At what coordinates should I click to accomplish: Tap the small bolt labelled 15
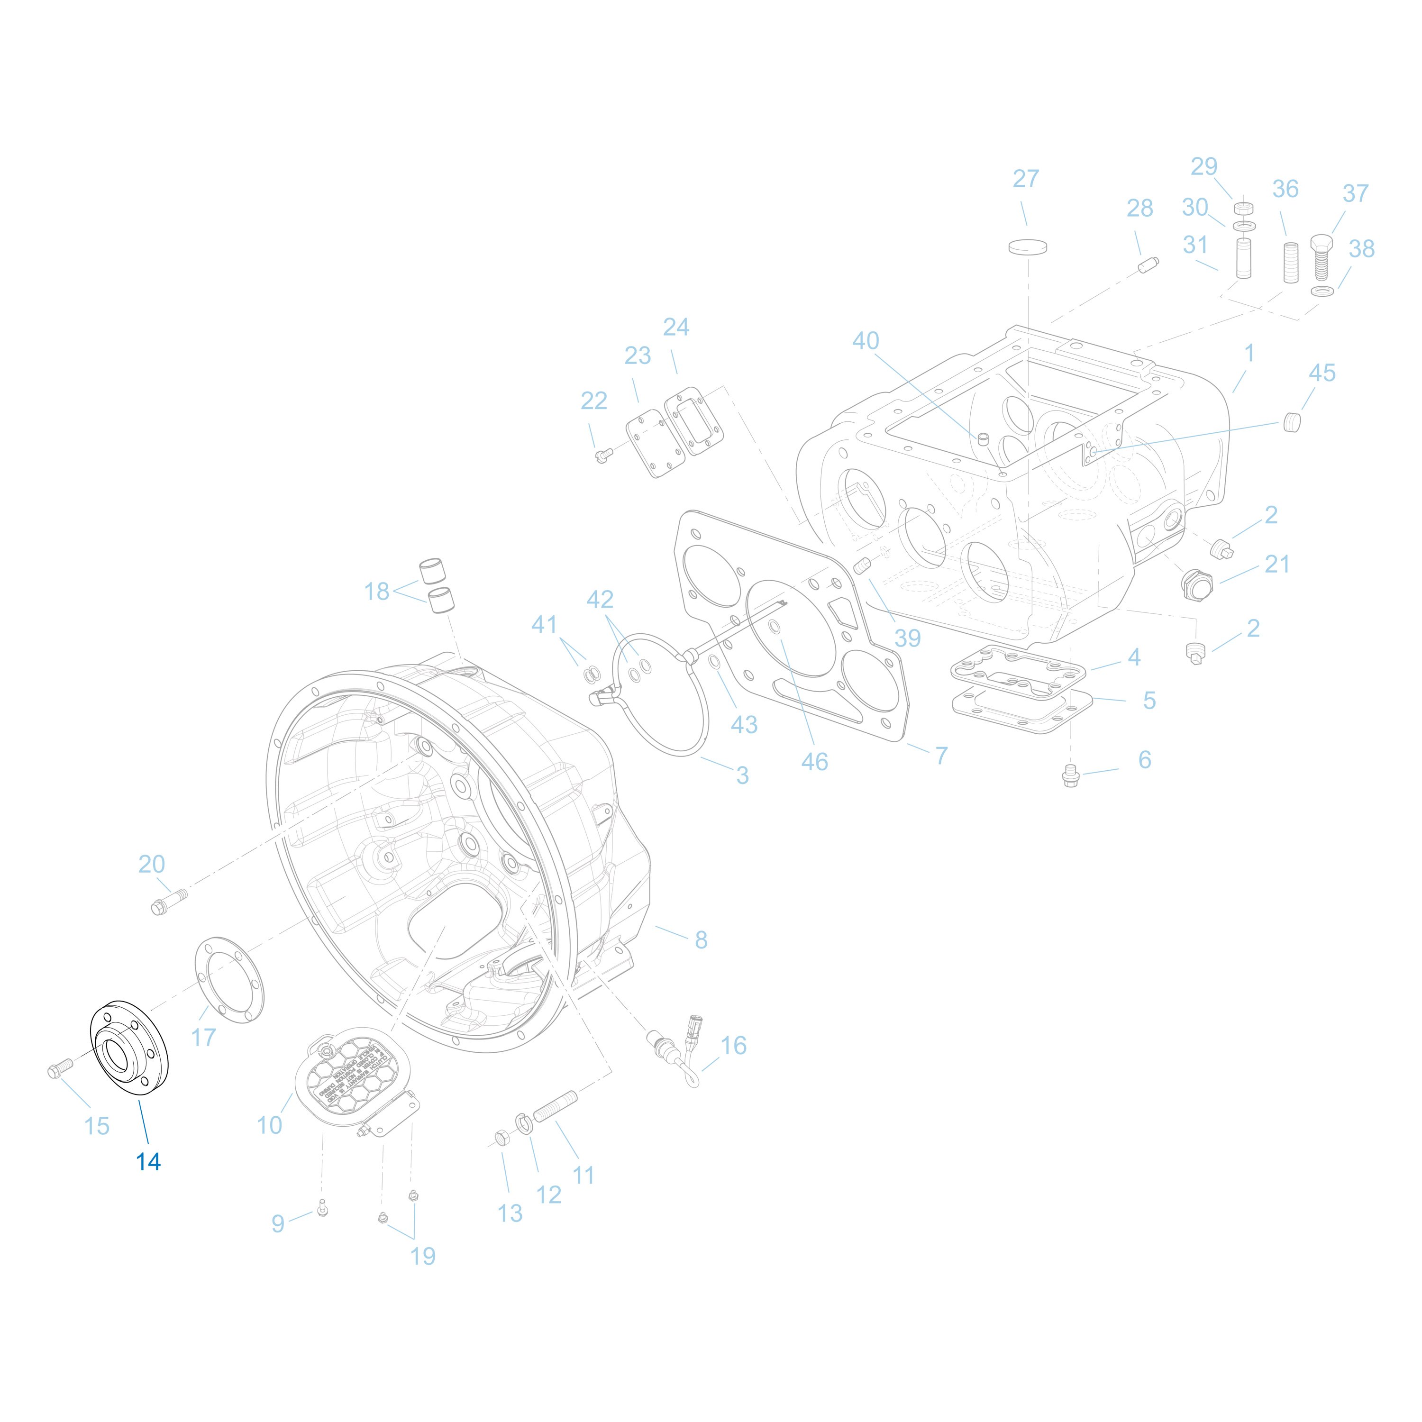pyautogui.click(x=59, y=1068)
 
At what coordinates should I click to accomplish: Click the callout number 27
pyautogui.click(x=1025, y=179)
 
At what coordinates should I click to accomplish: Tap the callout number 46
pyautogui.click(x=814, y=762)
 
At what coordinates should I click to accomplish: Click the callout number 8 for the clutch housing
pyautogui.click(x=701, y=940)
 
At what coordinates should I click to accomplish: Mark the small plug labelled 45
pyautogui.click(x=1292, y=422)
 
